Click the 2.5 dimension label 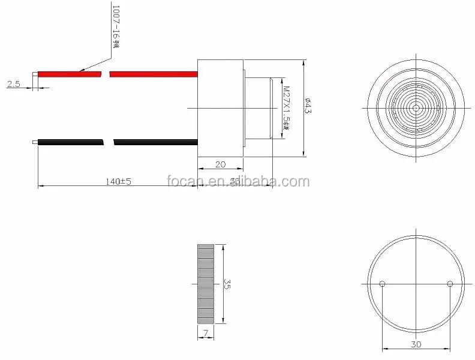coord(13,85)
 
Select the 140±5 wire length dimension coord(118,181)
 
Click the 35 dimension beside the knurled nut coord(226,283)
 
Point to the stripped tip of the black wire coord(34,142)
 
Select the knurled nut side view coord(205,283)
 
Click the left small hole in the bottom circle coord(383,284)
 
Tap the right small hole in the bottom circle coord(450,284)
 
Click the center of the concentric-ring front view coord(416,108)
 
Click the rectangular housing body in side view coord(220,108)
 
